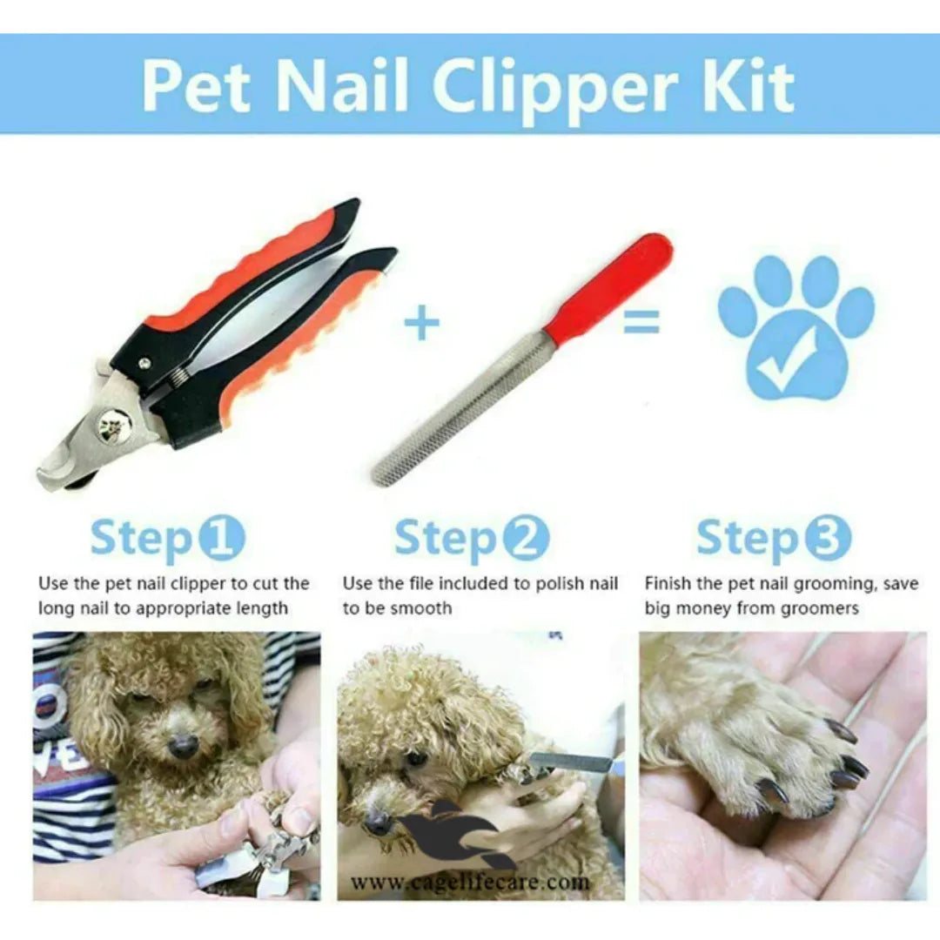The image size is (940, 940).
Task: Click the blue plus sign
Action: click(x=422, y=325)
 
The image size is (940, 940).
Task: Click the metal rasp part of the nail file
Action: click(x=461, y=409)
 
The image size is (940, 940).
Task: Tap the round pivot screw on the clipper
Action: click(x=114, y=426)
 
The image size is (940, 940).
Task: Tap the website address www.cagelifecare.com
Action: click(x=469, y=883)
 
